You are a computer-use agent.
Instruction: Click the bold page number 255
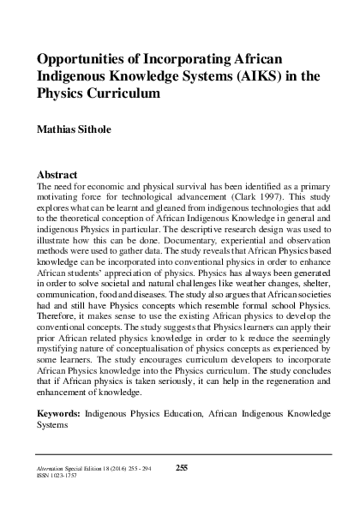tap(181, 466)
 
